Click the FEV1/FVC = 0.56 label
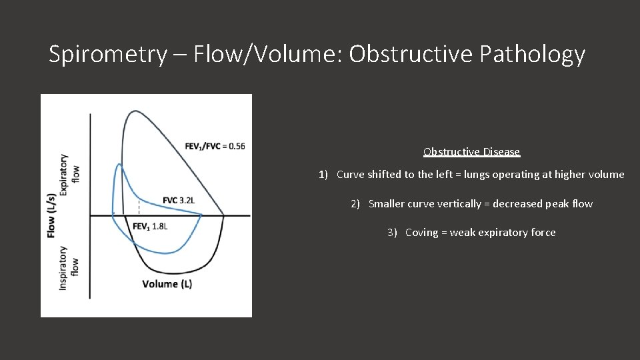coord(215,146)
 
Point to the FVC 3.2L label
coord(179,200)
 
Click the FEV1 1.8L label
coord(149,227)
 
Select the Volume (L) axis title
coord(167,284)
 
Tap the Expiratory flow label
coord(69,174)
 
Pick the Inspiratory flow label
coord(69,267)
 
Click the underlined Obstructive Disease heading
coord(471,152)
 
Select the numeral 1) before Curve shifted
coord(323,175)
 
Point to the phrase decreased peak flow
coord(542,204)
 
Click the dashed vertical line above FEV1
coord(138,207)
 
